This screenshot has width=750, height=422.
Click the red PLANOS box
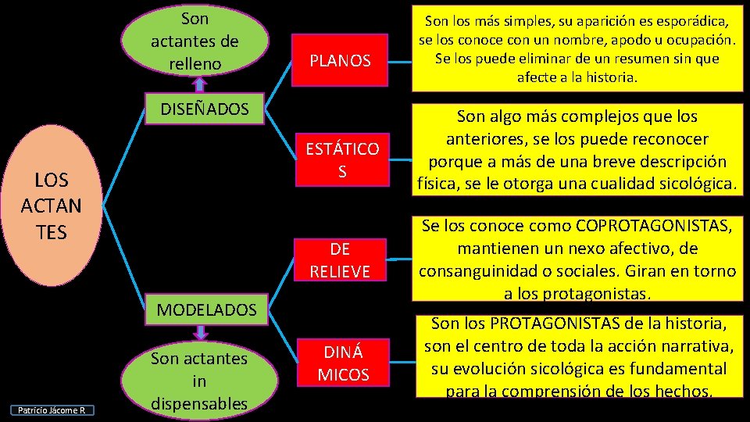tap(341, 60)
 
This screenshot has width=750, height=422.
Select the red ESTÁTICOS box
tap(342, 160)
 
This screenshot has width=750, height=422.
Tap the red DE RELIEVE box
tap(340, 259)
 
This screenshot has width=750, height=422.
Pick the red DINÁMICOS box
tap(343, 363)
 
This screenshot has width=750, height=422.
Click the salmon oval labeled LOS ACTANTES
tap(52, 206)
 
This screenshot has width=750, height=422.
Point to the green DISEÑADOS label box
tap(205, 109)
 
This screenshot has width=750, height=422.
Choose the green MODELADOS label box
tap(206, 309)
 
